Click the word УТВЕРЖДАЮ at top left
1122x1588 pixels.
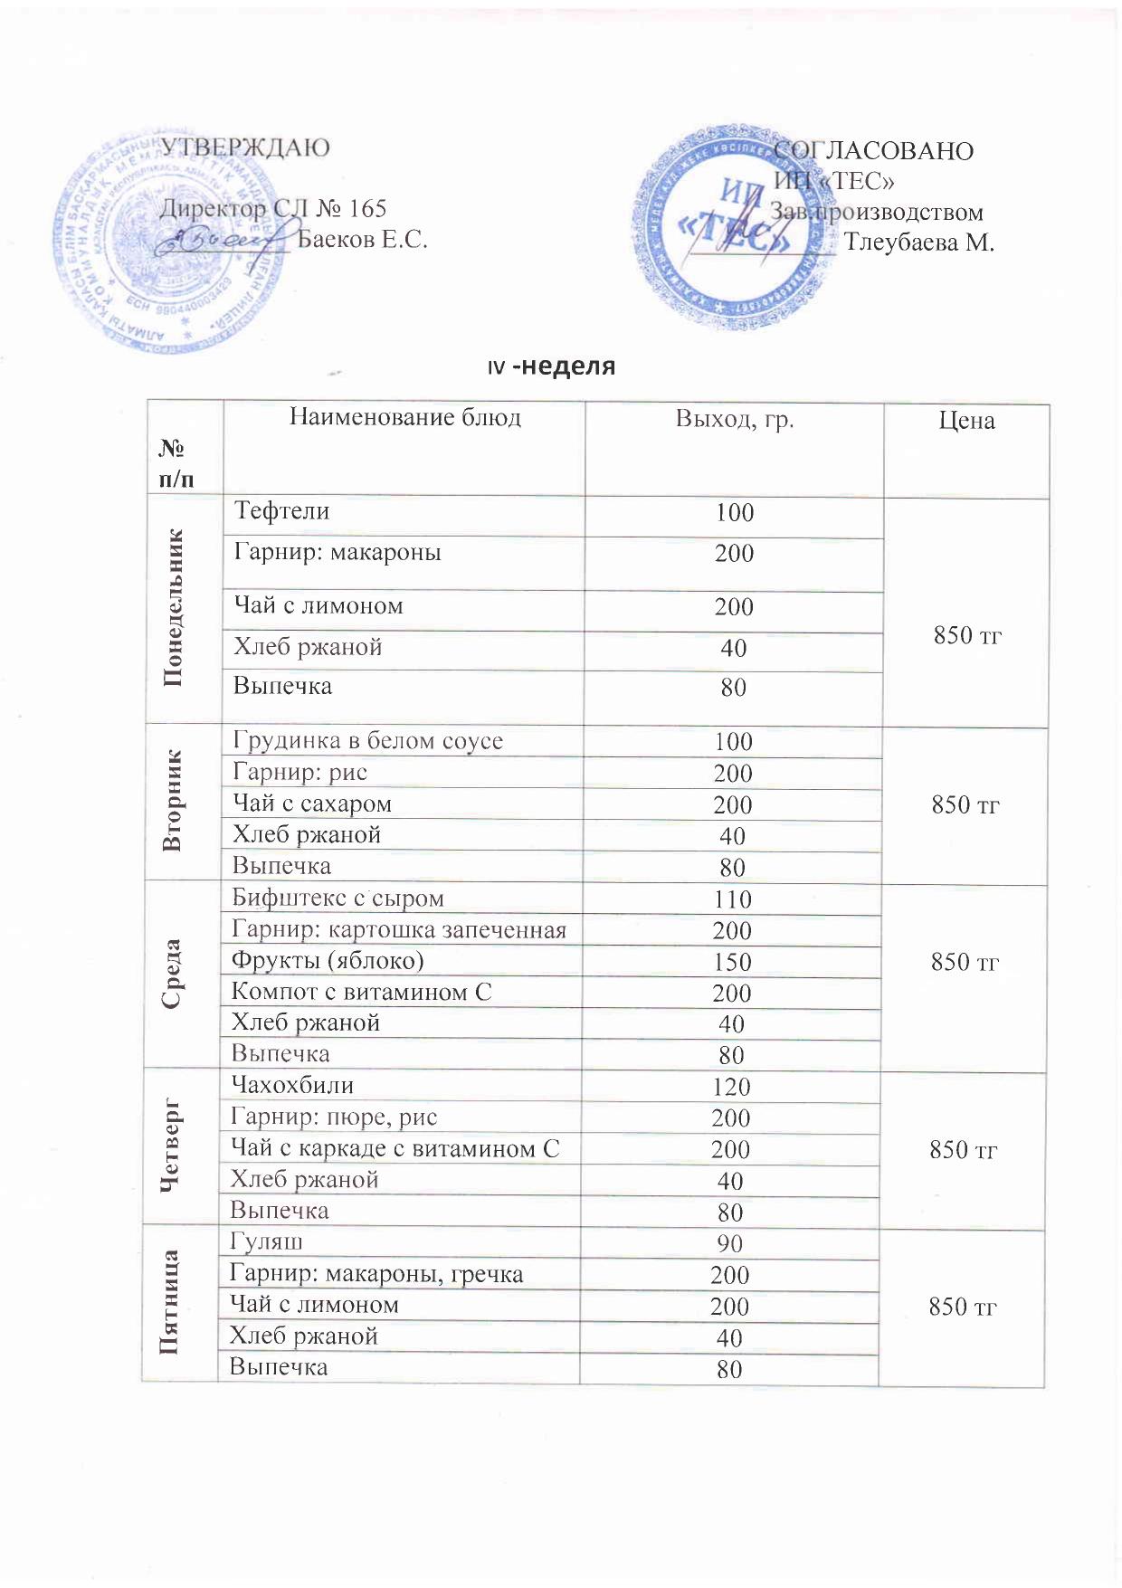click(244, 147)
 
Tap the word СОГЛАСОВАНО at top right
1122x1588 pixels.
click(874, 150)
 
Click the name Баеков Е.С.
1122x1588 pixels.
click(362, 240)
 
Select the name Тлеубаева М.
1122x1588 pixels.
click(918, 242)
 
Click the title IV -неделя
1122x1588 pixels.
click(551, 366)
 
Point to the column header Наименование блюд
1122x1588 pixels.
click(404, 417)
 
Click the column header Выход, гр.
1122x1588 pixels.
click(734, 418)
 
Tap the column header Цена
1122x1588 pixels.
click(966, 420)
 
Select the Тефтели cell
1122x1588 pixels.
click(282, 511)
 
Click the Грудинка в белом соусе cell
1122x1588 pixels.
click(367, 741)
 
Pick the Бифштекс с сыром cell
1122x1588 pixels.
click(338, 899)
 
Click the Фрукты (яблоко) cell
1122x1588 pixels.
click(328, 960)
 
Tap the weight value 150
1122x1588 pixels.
click(732, 962)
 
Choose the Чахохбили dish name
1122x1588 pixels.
click(292, 1085)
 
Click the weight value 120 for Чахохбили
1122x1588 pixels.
click(731, 1087)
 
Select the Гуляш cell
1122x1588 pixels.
click(266, 1241)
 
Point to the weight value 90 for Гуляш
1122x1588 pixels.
click(729, 1244)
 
